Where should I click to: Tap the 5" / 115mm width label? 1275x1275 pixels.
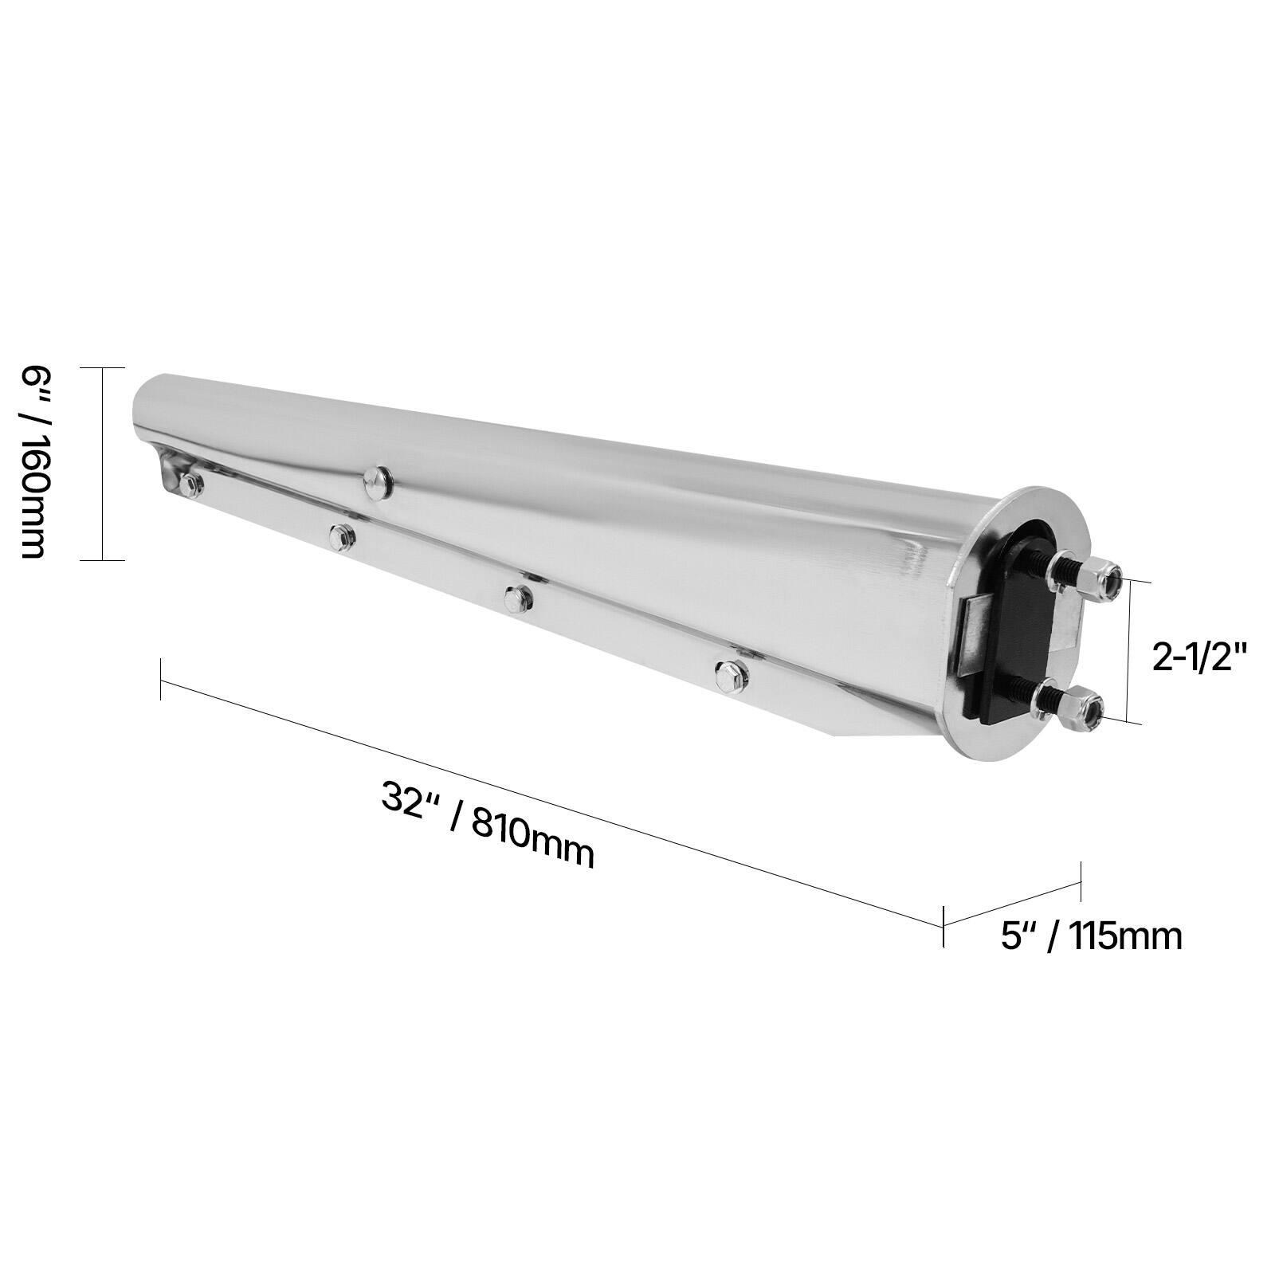click(x=1092, y=936)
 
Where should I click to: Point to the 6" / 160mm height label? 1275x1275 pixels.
click(x=33, y=462)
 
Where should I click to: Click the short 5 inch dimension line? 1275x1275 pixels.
click(x=1012, y=904)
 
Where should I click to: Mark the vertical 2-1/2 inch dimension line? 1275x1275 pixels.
click(x=1128, y=652)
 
